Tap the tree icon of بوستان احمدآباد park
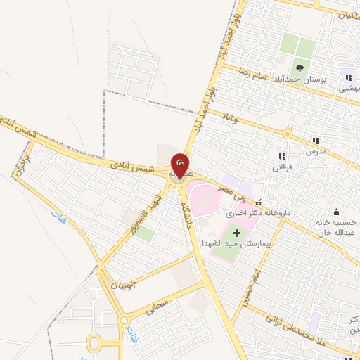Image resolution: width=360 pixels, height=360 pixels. (x=300, y=68)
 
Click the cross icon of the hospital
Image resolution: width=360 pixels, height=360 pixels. (x=236, y=232)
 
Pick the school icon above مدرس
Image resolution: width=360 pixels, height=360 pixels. (x=316, y=141)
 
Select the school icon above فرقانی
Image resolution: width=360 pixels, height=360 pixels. (x=282, y=156)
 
